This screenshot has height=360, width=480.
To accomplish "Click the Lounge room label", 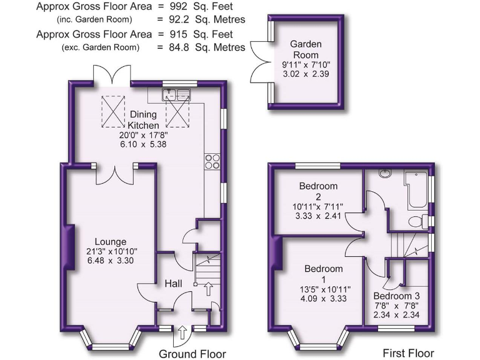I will pos(111,242).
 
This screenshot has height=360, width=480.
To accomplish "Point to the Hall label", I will pos(173,284).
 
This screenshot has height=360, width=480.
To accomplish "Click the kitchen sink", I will pos(176,95).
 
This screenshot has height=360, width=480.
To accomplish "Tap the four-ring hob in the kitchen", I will pos(211,161).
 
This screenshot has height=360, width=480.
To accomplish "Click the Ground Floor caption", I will pos(192,354).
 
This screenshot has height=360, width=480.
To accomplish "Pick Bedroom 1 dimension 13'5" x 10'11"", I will pos(324,289).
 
